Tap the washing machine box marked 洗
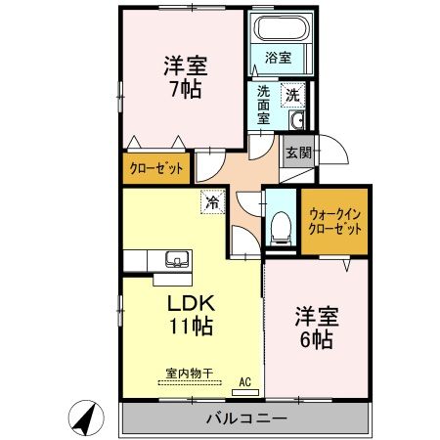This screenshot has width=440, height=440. (x=292, y=95)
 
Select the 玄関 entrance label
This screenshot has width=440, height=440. (x=298, y=152)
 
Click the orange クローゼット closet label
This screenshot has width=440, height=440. (x=156, y=168)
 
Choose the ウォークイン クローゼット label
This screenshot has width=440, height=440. (x=335, y=220)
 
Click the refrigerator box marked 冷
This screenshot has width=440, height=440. (x=211, y=202)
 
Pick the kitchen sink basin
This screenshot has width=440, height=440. (x=177, y=259)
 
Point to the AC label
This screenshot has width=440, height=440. (x=245, y=381)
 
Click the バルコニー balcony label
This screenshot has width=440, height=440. (x=244, y=418)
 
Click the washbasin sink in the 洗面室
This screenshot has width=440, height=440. (x=298, y=121)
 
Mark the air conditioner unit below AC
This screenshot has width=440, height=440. (x=245, y=392)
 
